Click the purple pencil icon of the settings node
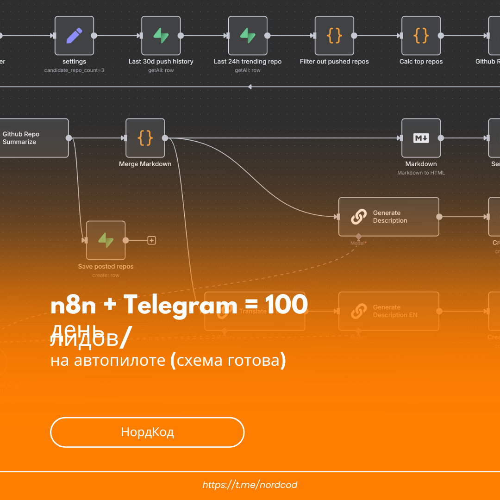point(74,36)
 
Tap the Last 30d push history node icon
point(161,36)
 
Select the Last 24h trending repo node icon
point(247,36)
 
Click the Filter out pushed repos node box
point(334,36)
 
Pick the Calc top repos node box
point(421,36)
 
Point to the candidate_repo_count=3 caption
point(74,70)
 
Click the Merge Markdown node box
point(145,138)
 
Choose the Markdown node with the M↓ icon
point(421,138)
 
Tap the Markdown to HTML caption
point(421,173)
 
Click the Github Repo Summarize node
point(32,138)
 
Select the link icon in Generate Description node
point(358,217)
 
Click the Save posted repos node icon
point(106,240)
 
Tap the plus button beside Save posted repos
point(151,240)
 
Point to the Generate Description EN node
point(388,311)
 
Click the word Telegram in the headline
point(180,306)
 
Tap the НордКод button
point(147,432)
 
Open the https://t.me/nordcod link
point(250,485)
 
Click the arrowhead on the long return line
point(250,87)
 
